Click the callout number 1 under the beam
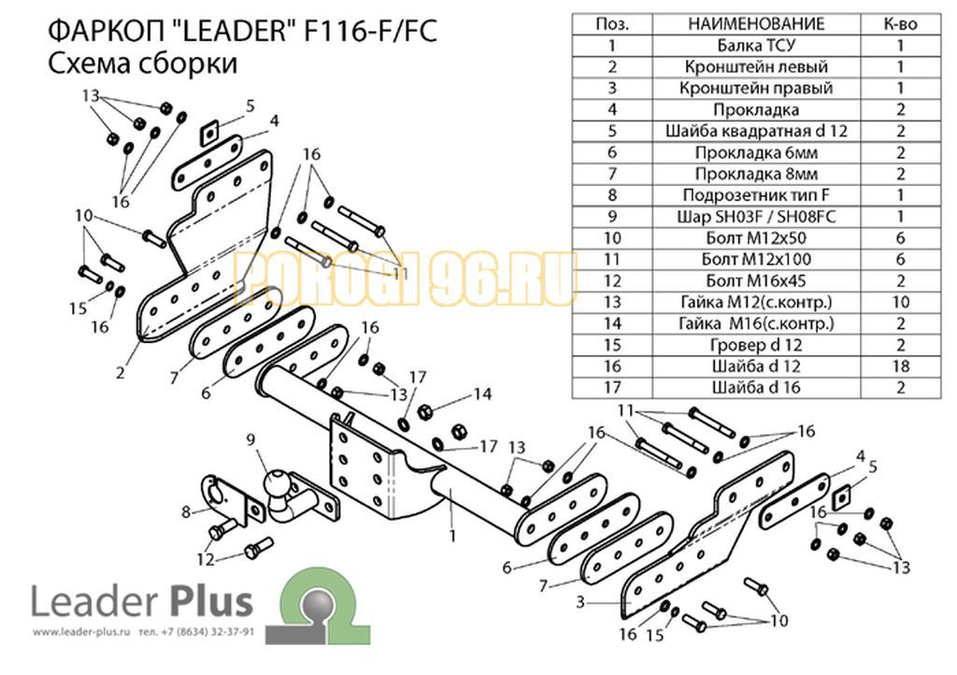[452, 536]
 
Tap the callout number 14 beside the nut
[482, 395]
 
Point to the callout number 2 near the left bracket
[121, 372]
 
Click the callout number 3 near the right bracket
[579, 602]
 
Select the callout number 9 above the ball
[250, 439]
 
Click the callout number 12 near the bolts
[206, 559]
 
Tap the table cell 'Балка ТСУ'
[756, 45]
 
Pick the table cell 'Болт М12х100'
[756, 259]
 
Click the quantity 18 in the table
[900, 366]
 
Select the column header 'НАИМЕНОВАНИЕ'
[756, 23]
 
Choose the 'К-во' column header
[900, 23]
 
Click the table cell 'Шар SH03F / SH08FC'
[756, 217]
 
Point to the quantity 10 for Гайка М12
[900, 302]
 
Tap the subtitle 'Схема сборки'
[142, 63]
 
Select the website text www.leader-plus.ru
[82, 632]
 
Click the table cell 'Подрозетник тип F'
[756, 195]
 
